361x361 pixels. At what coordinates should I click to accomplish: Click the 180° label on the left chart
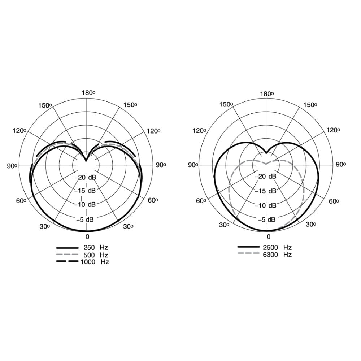coord(88,93)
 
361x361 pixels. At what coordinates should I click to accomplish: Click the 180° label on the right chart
coord(267,94)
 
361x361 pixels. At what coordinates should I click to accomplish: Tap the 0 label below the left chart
coord(87,237)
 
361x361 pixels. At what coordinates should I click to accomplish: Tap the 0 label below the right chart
coord(269,237)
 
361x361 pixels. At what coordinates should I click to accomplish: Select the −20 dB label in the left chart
coord(85,177)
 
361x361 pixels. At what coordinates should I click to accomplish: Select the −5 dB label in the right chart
coord(267,219)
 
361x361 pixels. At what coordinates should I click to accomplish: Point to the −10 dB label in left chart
coord(85,204)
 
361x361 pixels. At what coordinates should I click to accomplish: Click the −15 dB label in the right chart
coord(265,191)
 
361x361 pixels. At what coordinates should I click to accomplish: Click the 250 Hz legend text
coord(96,248)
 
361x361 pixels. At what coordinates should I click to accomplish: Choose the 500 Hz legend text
coord(96,255)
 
